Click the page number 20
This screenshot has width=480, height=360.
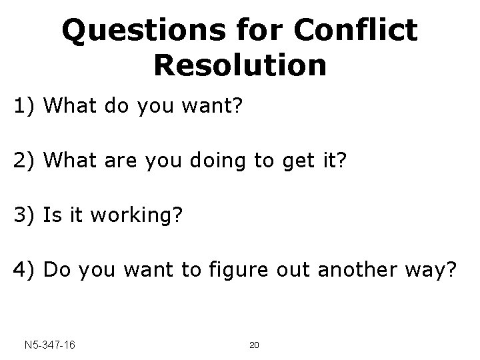point(253,345)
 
